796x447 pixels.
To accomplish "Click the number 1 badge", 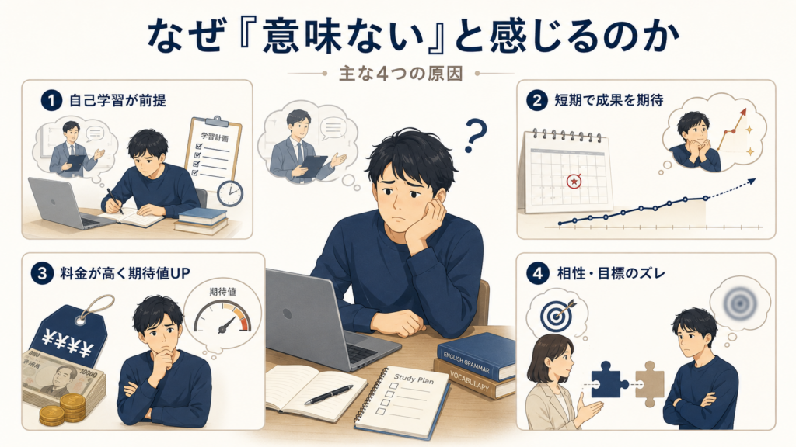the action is click(x=51, y=100).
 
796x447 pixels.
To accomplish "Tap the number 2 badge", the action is click(x=537, y=100).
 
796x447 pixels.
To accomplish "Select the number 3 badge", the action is click(x=42, y=274).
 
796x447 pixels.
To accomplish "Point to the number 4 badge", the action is click(x=537, y=274).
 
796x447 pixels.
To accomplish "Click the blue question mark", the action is click(x=475, y=135).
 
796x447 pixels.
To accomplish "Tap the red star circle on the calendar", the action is click(x=574, y=180).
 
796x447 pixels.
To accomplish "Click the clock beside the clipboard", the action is click(x=230, y=193).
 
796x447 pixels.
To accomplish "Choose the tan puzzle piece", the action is click(x=650, y=383).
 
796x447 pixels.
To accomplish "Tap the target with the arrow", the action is click(x=557, y=314).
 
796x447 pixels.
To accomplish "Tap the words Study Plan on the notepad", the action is click(x=414, y=379).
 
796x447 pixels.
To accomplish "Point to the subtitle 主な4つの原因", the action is click(x=400, y=74).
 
